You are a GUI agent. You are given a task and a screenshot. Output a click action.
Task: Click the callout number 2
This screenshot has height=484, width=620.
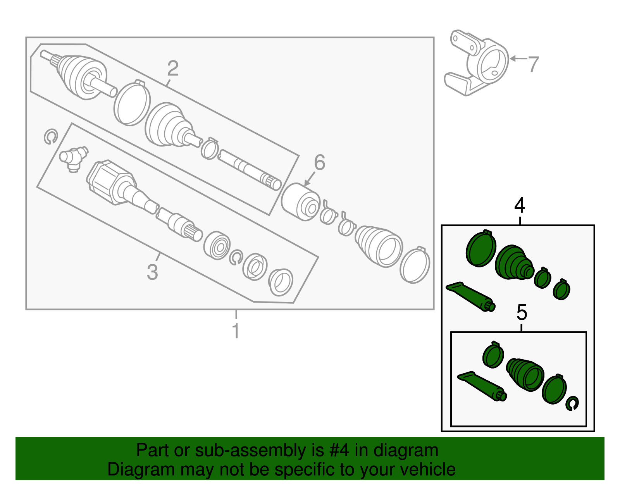pos(173,69)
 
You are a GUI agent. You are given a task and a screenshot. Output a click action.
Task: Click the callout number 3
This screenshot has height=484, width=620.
pos(152,272)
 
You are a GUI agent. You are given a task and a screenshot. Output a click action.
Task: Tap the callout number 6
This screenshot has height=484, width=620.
pos(319,162)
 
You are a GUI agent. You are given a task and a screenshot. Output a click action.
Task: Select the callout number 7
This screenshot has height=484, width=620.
pos(534,64)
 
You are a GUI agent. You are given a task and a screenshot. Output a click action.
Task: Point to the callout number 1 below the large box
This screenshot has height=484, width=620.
pos(236,331)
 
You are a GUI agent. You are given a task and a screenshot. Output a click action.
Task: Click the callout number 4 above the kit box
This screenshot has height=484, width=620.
pos(520,205)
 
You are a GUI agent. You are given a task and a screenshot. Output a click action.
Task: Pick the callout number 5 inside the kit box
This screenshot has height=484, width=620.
pos(522,312)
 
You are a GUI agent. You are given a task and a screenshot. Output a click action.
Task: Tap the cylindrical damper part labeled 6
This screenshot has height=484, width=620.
pos(300,202)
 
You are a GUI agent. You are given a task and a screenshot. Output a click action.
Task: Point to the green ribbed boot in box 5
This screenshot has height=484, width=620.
pos(525,374)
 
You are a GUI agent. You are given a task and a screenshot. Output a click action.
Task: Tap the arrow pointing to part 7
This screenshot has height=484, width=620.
pos(517,59)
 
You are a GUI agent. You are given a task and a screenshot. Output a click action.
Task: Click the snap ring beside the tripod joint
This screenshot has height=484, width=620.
pos(50,137)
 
